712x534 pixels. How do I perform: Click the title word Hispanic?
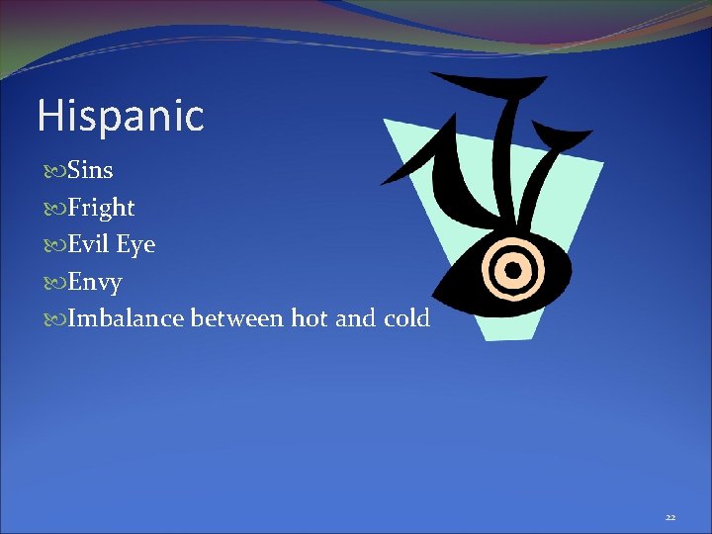tap(120, 117)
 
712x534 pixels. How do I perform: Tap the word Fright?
tap(102, 208)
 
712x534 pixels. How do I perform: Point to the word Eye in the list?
tap(136, 245)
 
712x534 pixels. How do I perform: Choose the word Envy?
tap(95, 282)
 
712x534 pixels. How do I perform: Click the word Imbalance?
tap(126, 318)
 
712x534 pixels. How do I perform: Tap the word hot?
tap(311, 318)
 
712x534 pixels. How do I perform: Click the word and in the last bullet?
tap(356, 318)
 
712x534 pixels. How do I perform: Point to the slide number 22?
tap(670, 517)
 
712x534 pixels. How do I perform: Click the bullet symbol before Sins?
tap(52, 171)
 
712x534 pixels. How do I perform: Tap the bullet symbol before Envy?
tap(52, 283)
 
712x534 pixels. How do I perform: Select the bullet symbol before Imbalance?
tap(52, 319)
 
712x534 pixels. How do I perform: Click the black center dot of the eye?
tap(513, 267)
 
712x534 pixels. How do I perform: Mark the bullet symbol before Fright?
tap(52, 209)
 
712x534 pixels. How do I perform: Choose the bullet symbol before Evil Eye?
tap(52, 245)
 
